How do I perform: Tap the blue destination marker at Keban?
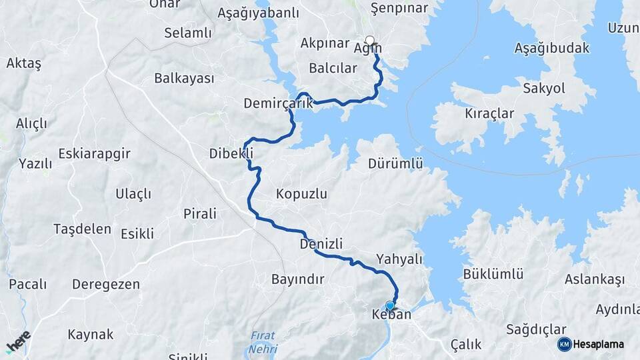[x=390, y=306]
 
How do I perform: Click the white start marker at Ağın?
[x=370, y=40]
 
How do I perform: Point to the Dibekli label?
[x=231, y=153]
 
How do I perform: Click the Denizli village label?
[x=321, y=245]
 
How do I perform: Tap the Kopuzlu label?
[x=301, y=194]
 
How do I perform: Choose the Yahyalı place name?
[x=399, y=259]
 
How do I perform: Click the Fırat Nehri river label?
[x=263, y=341]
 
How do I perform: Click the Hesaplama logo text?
[x=599, y=345]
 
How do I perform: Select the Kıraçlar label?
[x=490, y=113]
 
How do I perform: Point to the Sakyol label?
[x=544, y=89]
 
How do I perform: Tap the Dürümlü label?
[x=396, y=163]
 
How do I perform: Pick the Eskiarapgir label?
[x=94, y=153]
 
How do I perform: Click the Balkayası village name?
[x=184, y=79]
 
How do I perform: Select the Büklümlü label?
[x=493, y=274]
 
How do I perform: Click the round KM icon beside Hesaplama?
[x=564, y=344]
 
